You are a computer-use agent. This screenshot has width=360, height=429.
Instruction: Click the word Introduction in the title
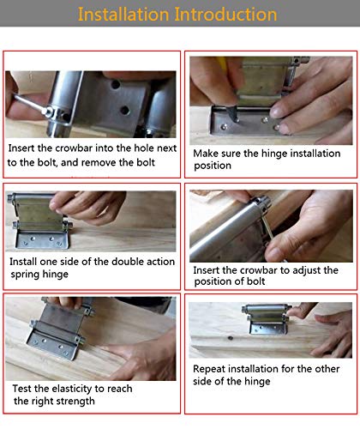225,15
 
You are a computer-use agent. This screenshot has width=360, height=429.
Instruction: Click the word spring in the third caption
26,275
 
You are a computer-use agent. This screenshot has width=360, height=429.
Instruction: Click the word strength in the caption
79,401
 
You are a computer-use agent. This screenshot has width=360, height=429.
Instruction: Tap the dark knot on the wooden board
231,338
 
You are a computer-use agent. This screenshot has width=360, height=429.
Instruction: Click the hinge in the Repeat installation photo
267,319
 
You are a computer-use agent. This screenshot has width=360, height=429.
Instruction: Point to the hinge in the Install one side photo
40,221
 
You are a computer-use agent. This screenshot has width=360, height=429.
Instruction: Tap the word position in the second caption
213,166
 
